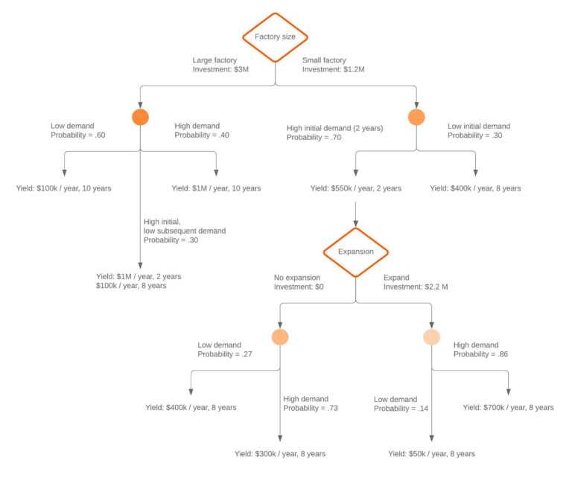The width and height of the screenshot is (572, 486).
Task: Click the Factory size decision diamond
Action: [276, 36]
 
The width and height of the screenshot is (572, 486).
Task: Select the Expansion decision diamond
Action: [355, 252]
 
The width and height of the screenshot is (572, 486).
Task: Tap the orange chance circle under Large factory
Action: [140, 117]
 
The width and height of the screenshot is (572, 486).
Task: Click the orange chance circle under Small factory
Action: [416, 117]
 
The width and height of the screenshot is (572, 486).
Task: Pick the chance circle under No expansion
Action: [280, 337]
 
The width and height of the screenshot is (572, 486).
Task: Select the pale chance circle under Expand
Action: [431, 337]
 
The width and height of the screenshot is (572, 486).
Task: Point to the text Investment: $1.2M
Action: [333, 69]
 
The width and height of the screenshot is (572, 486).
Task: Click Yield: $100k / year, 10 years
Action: [63, 188]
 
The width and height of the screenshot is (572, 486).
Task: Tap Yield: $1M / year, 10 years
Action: [216, 188]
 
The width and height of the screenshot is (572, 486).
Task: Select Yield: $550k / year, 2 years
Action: [355, 188]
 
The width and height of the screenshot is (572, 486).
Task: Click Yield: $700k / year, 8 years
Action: [508, 407]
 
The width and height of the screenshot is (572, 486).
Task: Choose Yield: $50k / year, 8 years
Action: [431, 453]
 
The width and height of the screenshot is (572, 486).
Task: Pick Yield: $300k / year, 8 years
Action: [280, 453]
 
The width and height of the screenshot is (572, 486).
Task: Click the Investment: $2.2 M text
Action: [416, 287]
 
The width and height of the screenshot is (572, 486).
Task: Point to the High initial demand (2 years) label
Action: [334, 128]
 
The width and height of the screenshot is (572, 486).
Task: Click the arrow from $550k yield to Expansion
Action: [355, 212]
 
